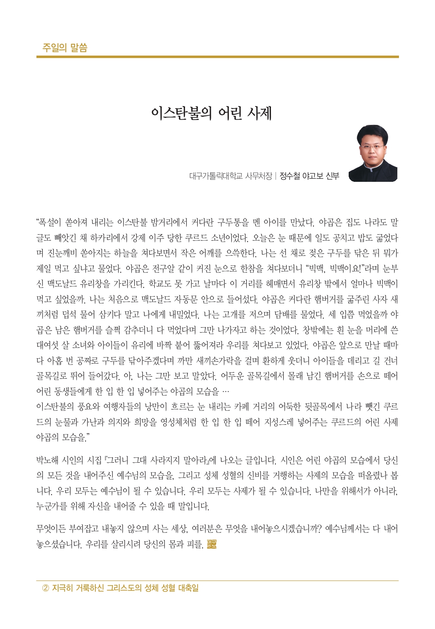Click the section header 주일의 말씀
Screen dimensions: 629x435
point(65,48)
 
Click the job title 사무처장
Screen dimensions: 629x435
point(259,176)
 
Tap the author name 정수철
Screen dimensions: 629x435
point(290,176)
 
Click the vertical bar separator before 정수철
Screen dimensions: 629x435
point(276,176)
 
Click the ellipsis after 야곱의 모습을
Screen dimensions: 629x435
point(225,391)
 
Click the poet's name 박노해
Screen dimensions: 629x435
point(48,460)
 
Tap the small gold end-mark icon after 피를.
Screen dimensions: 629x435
point(212,544)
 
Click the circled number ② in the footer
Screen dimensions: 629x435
point(46,588)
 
